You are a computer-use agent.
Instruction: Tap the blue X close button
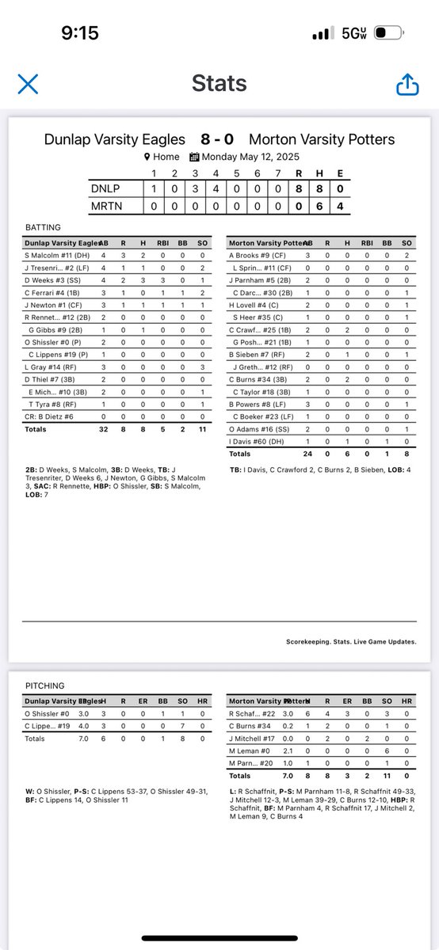coord(28,84)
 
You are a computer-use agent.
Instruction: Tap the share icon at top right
coord(407,84)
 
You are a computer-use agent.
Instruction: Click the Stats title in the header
coord(219,84)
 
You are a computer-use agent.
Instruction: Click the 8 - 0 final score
coord(217,140)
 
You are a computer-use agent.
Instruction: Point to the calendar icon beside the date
coord(194,157)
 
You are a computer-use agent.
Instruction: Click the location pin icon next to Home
coord(147,157)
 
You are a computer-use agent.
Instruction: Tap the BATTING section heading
coord(44,227)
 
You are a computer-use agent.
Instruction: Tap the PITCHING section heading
coord(47,686)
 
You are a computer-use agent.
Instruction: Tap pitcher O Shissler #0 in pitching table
coord(48,713)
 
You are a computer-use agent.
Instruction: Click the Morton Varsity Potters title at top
coord(321,140)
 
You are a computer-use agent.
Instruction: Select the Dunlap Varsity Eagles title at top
coord(115,140)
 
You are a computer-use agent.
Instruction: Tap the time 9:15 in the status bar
coord(80,32)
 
